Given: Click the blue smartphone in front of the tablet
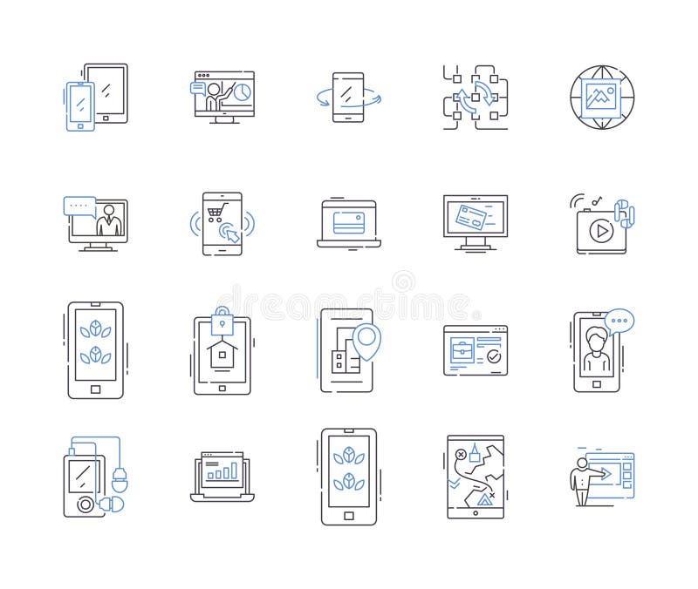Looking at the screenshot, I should [x=80, y=106].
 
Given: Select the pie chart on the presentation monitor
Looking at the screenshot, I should [x=243, y=91].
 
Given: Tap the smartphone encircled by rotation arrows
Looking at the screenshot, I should [x=348, y=97].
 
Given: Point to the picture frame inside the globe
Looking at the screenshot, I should [x=601, y=97].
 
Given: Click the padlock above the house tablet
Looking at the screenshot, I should [x=222, y=318].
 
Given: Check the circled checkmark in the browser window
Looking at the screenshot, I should [x=494, y=356].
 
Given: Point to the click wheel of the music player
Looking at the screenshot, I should [x=84, y=504].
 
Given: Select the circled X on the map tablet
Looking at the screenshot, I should [x=461, y=454].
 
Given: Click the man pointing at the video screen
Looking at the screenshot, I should [x=583, y=477].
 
